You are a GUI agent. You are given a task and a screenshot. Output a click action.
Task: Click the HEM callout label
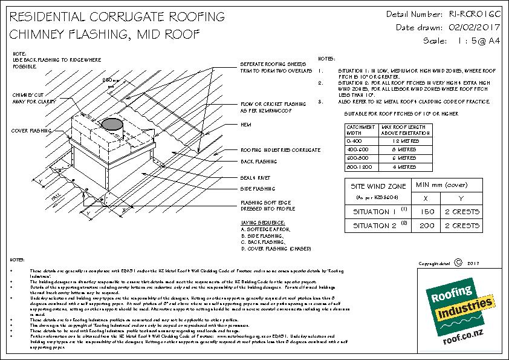coord(245,124)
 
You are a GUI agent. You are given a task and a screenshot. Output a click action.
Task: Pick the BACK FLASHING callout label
coord(259,162)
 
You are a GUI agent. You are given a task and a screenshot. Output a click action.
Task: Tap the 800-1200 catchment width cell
coord(357,166)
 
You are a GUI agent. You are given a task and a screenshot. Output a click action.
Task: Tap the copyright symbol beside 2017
coord(457,263)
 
